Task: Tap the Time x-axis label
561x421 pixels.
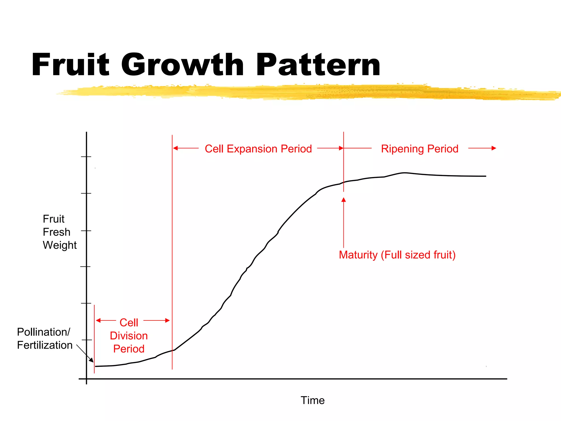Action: [313, 400]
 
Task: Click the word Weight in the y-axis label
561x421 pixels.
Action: [60, 245]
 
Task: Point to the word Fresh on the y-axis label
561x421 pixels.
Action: [57, 232]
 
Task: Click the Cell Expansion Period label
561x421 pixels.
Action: [258, 149]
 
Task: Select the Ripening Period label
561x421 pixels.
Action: [420, 149]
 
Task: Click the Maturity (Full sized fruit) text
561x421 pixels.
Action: [397, 255]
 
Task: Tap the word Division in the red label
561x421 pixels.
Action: [129, 336]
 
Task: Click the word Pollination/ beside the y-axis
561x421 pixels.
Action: [44, 332]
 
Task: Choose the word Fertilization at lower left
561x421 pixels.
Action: [45, 345]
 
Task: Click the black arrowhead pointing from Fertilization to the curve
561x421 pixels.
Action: [91, 360]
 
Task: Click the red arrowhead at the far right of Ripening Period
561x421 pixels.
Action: [494, 148]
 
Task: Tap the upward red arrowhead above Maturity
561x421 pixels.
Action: [344, 200]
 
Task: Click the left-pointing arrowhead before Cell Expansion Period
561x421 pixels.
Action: [175, 148]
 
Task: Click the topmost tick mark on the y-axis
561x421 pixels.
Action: [86, 157]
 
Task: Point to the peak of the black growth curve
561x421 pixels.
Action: [405, 173]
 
